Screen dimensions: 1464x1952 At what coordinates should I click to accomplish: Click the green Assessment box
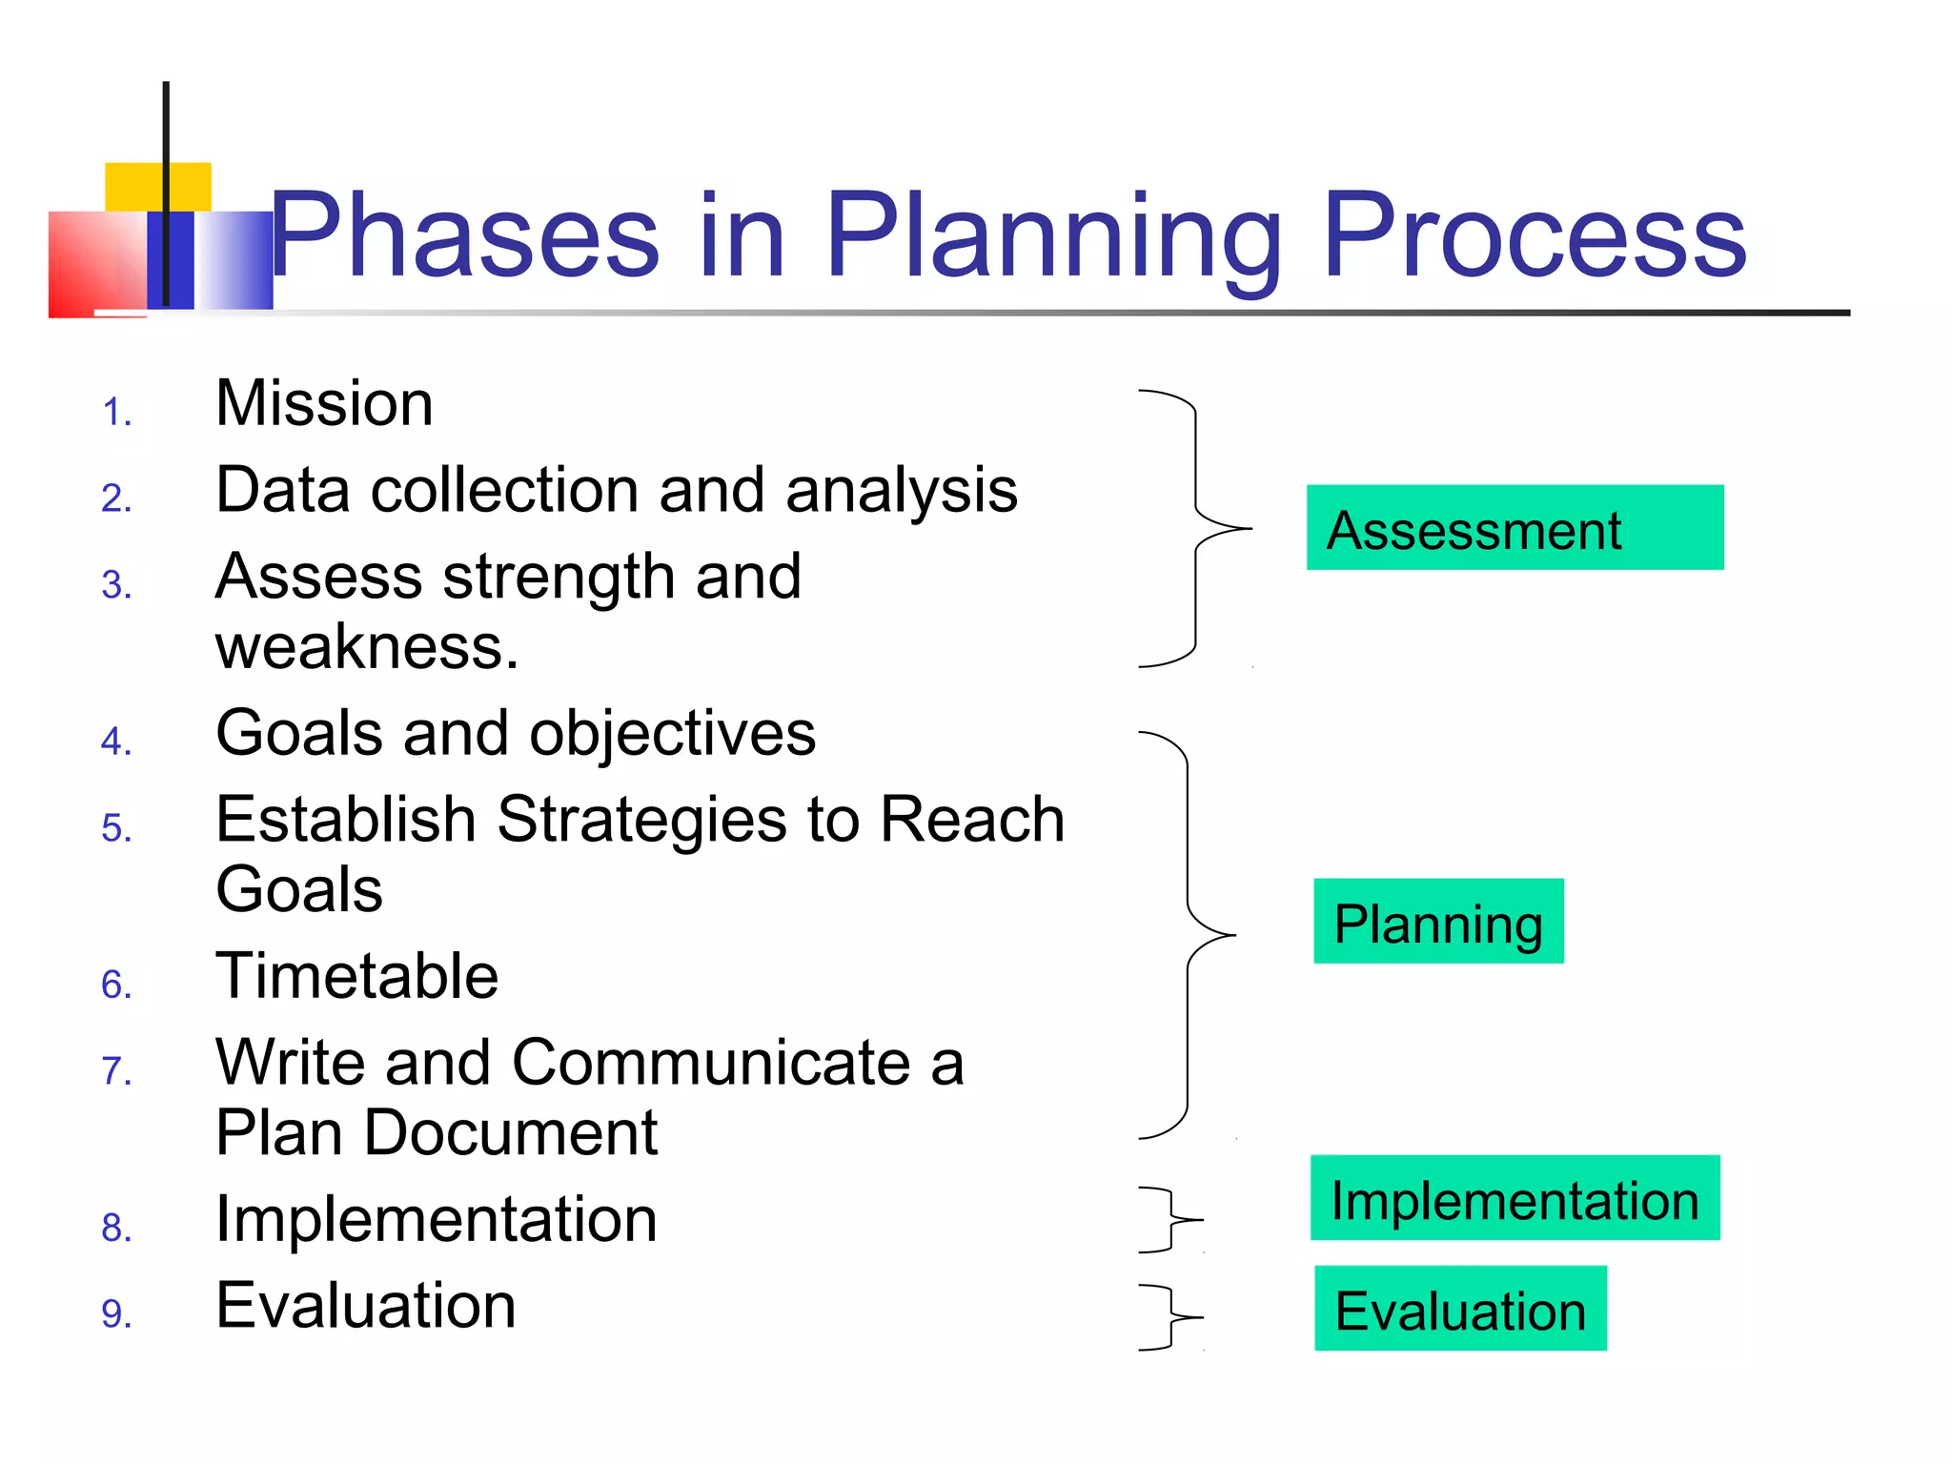tap(1514, 527)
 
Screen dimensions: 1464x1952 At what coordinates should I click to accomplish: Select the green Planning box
tap(1437, 921)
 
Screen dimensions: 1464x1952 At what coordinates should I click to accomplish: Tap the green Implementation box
tap(1514, 1197)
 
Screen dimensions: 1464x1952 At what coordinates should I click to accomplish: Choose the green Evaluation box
tap(1459, 1308)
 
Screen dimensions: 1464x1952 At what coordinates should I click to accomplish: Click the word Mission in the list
tap(324, 403)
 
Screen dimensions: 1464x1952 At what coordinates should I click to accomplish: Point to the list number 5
tap(116, 827)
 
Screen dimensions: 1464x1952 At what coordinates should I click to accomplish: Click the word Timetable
tap(356, 976)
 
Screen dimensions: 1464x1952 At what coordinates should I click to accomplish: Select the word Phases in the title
tap(465, 235)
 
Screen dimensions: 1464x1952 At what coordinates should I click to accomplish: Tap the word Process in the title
tap(1534, 235)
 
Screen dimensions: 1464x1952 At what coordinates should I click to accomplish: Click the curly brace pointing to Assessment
tap(1196, 527)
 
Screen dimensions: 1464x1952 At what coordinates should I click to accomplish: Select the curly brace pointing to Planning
tap(1189, 934)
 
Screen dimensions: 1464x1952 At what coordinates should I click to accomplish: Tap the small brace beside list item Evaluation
tap(1171, 1316)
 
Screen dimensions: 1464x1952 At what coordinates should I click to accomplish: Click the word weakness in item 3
tap(366, 647)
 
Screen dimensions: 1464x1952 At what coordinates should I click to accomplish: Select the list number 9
tap(116, 1313)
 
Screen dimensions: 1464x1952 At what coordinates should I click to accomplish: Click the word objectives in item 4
tap(672, 734)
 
